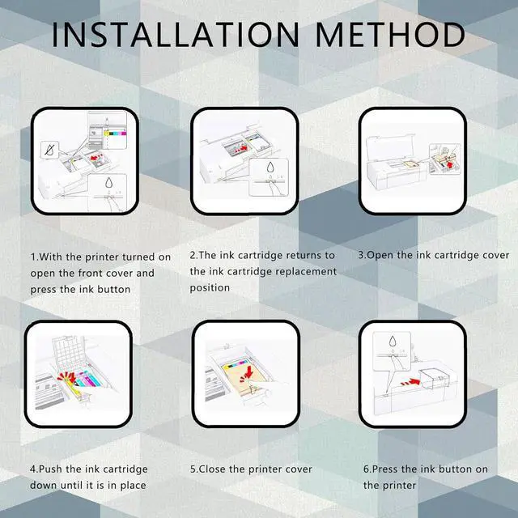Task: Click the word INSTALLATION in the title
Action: (x=176, y=34)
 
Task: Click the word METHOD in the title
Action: (x=390, y=34)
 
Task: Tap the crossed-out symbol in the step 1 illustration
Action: (x=49, y=151)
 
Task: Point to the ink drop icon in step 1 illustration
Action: (x=109, y=183)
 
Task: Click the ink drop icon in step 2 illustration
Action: (x=270, y=168)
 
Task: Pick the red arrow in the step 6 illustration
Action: (x=410, y=382)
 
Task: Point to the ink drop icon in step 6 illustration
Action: (x=392, y=342)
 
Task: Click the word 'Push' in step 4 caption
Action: (x=51, y=469)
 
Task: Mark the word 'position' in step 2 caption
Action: (x=210, y=288)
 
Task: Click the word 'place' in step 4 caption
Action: (x=133, y=486)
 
